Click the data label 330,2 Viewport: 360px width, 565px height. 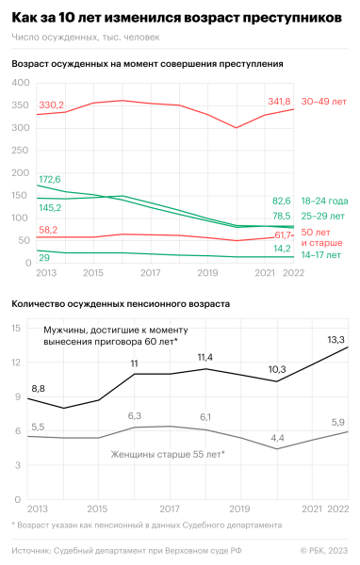click(x=51, y=105)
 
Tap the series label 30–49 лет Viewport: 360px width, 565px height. click(x=323, y=101)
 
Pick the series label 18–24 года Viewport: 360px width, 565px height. click(x=324, y=201)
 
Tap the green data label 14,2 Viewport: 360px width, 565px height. click(x=282, y=249)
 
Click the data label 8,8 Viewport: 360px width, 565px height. click(x=38, y=388)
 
